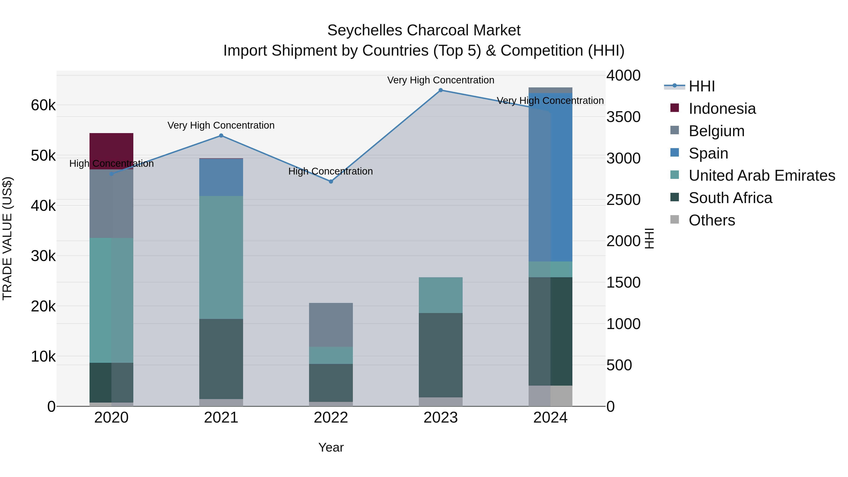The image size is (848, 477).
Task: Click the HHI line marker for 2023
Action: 440,90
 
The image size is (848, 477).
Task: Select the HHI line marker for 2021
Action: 221,136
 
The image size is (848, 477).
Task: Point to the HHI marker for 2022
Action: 331,181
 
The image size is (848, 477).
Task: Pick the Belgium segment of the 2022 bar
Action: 331,325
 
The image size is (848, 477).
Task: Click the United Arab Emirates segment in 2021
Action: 221,257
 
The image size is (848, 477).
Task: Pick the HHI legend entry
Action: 701,86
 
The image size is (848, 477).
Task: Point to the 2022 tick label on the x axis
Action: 331,418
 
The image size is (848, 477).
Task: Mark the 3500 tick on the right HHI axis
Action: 623,117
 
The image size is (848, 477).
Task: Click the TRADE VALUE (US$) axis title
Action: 7,238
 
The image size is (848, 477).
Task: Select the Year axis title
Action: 331,447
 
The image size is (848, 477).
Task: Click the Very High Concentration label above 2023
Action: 440,80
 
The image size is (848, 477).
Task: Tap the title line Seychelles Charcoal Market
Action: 424,30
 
